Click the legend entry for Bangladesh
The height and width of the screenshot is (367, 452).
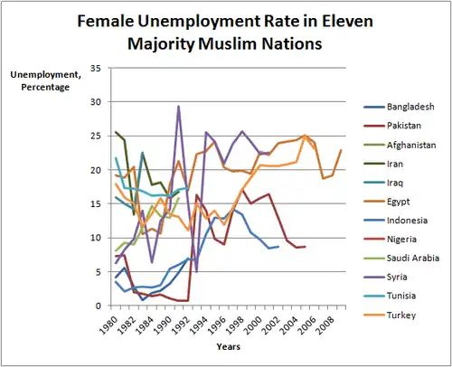pyautogui.click(x=410, y=107)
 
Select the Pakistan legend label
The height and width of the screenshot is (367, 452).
pyautogui.click(x=404, y=126)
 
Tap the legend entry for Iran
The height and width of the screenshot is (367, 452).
pyautogui.click(x=395, y=164)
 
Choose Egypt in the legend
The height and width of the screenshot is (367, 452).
pyautogui.click(x=398, y=202)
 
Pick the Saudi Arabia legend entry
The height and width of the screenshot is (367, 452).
pyautogui.click(x=413, y=258)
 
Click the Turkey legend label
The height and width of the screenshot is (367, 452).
pyautogui.click(x=401, y=315)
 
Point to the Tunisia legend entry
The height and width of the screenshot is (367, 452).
pyautogui.click(x=401, y=296)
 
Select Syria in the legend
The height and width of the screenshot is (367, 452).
pyautogui.click(x=397, y=277)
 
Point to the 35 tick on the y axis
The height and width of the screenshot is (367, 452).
pyautogui.click(x=96, y=69)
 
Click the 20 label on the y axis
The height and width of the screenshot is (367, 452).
pyautogui.click(x=96, y=170)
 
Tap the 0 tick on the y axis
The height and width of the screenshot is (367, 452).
pyautogui.click(x=99, y=306)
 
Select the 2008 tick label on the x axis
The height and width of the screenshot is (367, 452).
pyautogui.click(x=325, y=325)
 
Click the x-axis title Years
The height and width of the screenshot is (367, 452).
pyautogui.click(x=228, y=347)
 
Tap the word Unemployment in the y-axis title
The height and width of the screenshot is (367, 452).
pyautogui.click(x=46, y=75)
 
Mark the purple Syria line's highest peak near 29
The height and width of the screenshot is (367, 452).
pyautogui.click(x=179, y=106)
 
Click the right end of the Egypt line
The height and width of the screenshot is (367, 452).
pyautogui.click(x=341, y=150)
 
